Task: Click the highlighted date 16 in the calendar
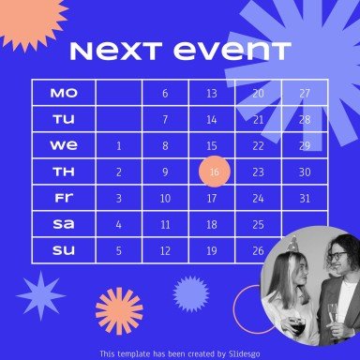click(x=215, y=172)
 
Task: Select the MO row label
click(x=64, y=93)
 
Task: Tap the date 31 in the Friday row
click(x=305, y=198)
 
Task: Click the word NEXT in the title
click(x=116, y=52)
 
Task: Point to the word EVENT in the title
click(x=232, y=52)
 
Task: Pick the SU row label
click(x=64, y=250)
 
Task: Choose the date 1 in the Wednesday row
click(x=119, y=145)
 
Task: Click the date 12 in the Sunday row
click(x=165, y=250)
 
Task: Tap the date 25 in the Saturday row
click(x=258, y=224)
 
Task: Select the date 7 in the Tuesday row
click(x=165, y=119)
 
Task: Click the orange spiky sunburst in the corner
click(x=30, y=21)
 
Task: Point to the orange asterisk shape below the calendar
click(x=119, y=311)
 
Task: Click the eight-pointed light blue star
click(x=41, y=295)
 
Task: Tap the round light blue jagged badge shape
click(x=191, y=293)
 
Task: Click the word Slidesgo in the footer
click(x=244, y=353)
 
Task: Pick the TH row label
click(x=64, y=172)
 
